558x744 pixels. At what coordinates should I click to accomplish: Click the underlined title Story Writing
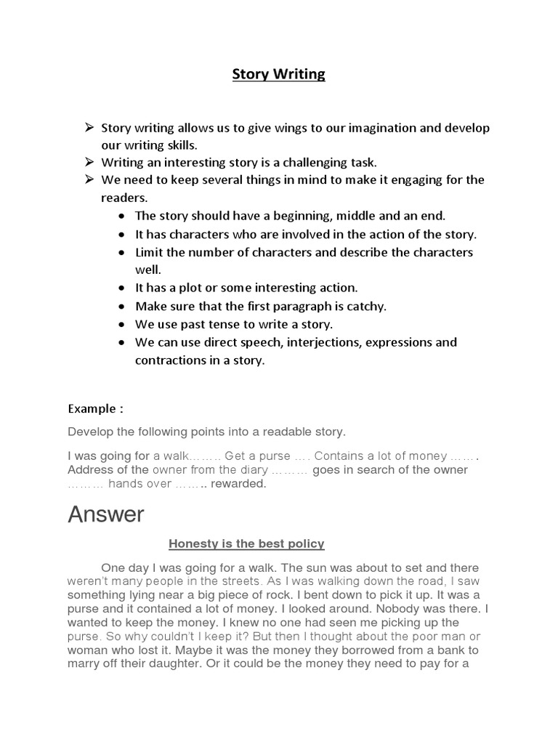pyautogui.click(x=278, y=74)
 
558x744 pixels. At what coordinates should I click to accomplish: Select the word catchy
pyautogui.click(x=366, y=306)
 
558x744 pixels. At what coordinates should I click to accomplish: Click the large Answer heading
pyautogui.click(x=106, y=515)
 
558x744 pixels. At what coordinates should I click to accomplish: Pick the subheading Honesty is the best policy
pyautogui.click(x=246, y=543)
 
